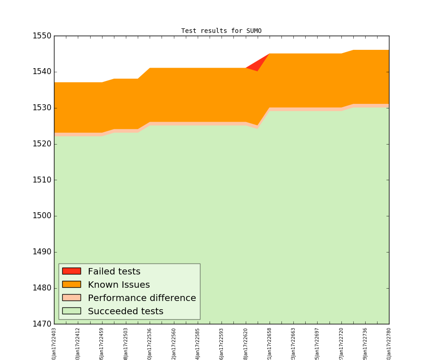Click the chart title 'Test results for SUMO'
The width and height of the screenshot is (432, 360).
(221, 31)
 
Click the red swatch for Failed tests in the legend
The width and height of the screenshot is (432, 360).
(71, 271)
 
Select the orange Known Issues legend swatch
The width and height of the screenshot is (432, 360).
(71, 285)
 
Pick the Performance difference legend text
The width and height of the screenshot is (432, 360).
(142, 298)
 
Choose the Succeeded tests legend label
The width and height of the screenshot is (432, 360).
(125, 312)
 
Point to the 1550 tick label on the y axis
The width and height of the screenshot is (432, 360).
(42, 36)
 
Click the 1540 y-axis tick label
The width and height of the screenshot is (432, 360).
(42, 72)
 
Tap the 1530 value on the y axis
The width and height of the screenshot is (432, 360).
(42, 108)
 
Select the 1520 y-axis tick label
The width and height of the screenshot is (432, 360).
(42, 144)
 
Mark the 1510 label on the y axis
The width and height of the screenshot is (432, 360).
(42, 180)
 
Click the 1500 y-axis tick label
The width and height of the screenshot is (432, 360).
(42, 216)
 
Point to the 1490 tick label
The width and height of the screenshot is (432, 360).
(42, 252)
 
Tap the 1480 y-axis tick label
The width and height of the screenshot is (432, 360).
(42, 288)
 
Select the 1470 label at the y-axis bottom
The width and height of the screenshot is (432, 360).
(42, 324)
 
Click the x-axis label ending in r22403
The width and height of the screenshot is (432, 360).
(54, 343)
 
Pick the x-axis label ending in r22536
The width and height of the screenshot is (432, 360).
(150, 343)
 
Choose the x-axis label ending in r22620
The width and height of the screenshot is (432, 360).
(246, 343)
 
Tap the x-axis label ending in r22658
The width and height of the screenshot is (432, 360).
(270, 343)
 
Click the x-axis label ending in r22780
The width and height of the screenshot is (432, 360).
(389, 343)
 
